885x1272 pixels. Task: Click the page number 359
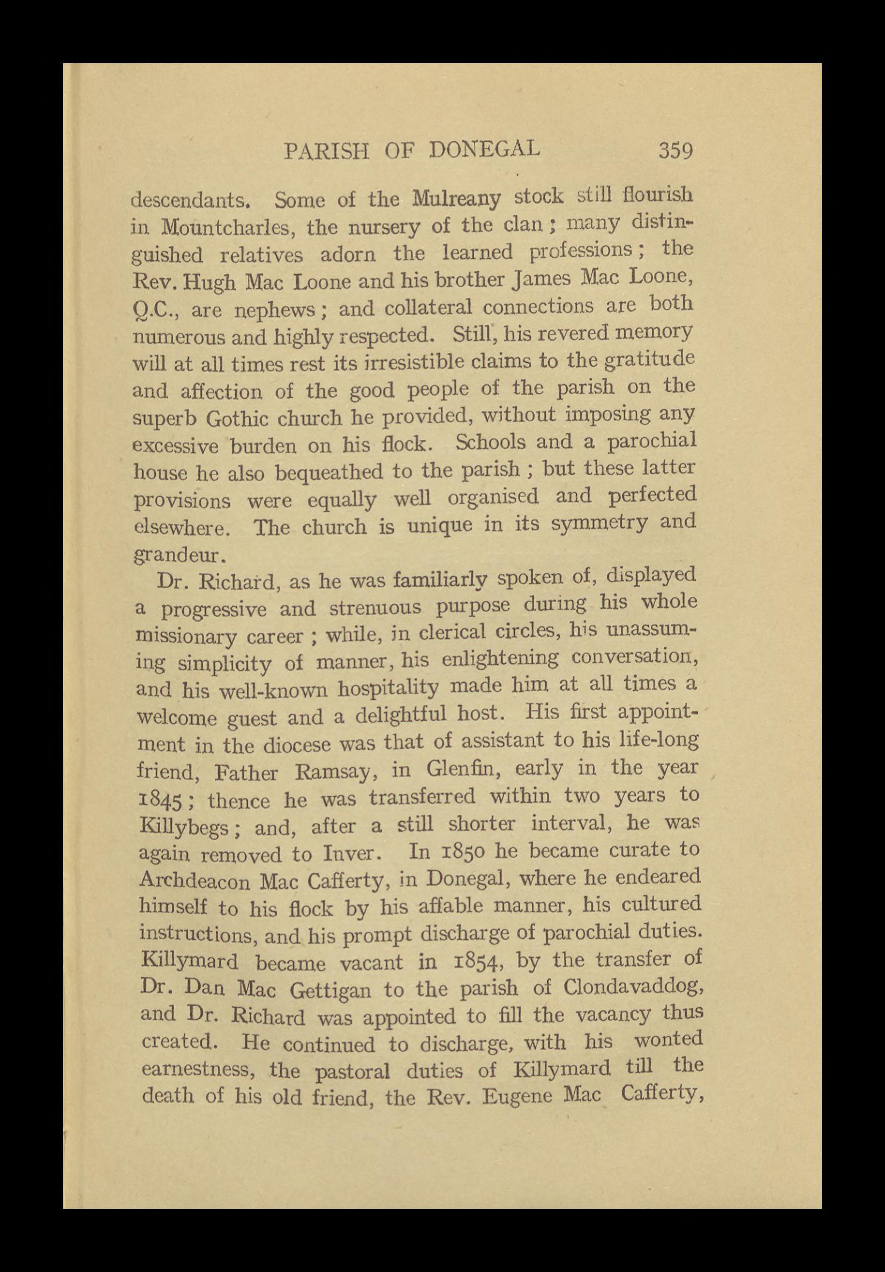click(x=675, y=151)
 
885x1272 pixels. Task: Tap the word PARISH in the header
click(x=327, y=151)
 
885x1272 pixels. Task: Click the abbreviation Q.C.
click(x=155, y=309)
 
